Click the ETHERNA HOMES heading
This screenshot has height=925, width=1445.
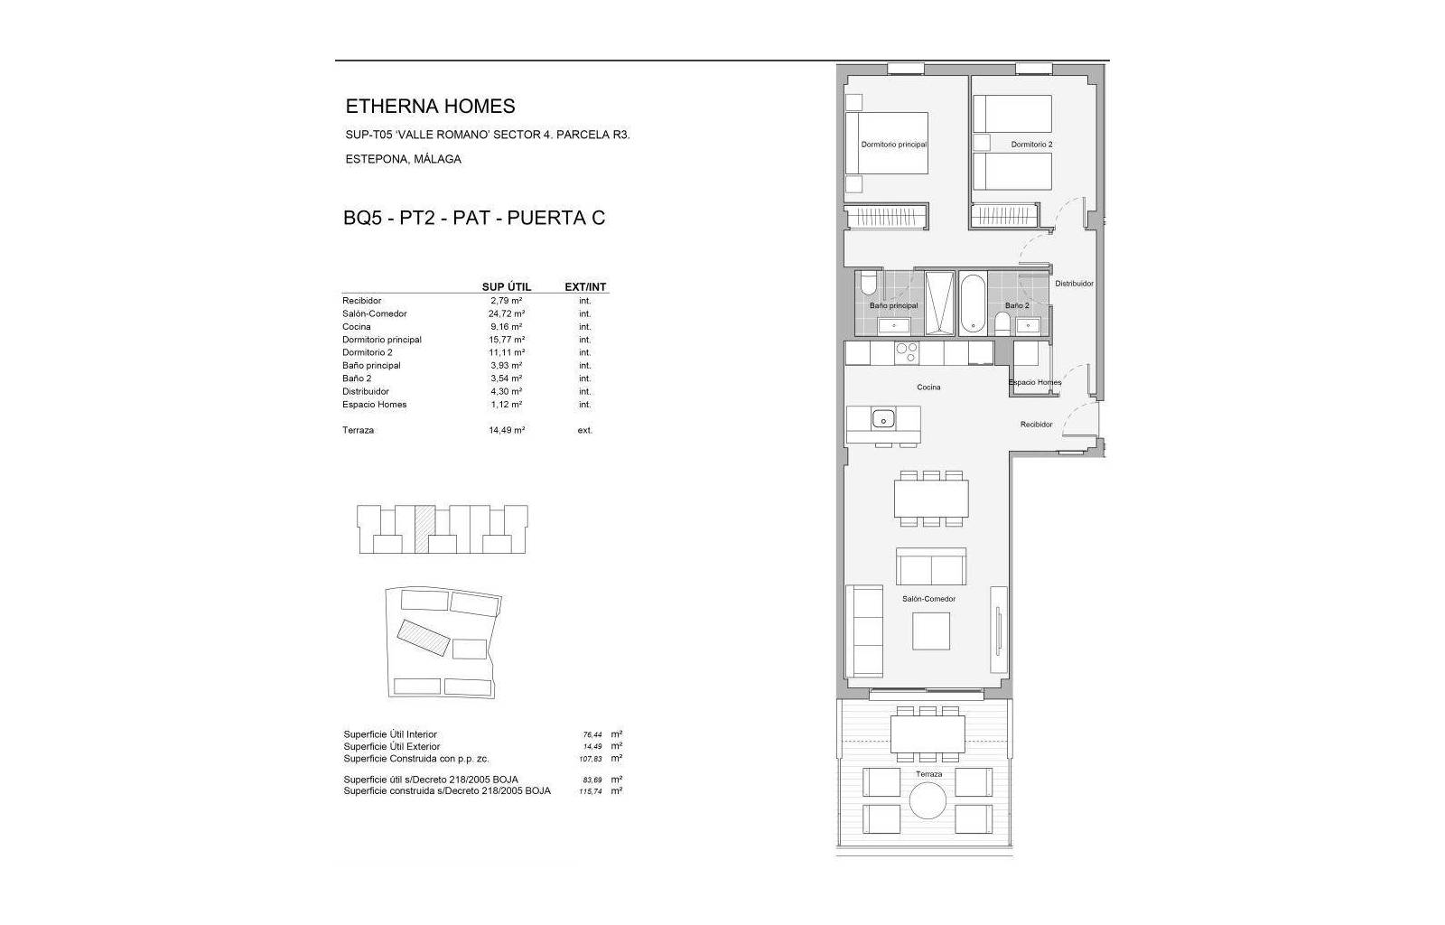click(x=430, y=106)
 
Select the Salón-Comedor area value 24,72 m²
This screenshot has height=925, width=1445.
click(x=507, y=314)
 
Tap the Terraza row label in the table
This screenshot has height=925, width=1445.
click(x=358, y=430)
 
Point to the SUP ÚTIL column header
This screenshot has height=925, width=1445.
click(x=507, y=287)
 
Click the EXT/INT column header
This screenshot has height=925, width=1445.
click(x=585, y=287)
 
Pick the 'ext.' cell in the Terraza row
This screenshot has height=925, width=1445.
click(x=585, y=430)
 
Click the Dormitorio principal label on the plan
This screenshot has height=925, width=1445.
click(x=893, y=145)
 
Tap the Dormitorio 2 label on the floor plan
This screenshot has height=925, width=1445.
click(x=1031, y=145)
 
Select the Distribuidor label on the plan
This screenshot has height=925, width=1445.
click(x=1074, y=283)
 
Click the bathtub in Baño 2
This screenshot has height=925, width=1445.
click(x=972, y=304)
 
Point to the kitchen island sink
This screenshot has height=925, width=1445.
click(x=883, y=419)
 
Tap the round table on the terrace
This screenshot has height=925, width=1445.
click(x=928, y=800)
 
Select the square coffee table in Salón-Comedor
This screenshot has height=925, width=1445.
click(x=931, y=631)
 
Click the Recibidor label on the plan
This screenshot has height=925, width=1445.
click(x=1036, y=425)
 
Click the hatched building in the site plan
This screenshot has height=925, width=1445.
click(x=424, y=638)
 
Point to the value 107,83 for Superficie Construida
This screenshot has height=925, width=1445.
click(x=592, y=759)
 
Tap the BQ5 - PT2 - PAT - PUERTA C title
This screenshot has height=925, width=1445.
click(x=474, y=218)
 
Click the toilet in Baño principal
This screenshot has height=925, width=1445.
click(x=868, y=284)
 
